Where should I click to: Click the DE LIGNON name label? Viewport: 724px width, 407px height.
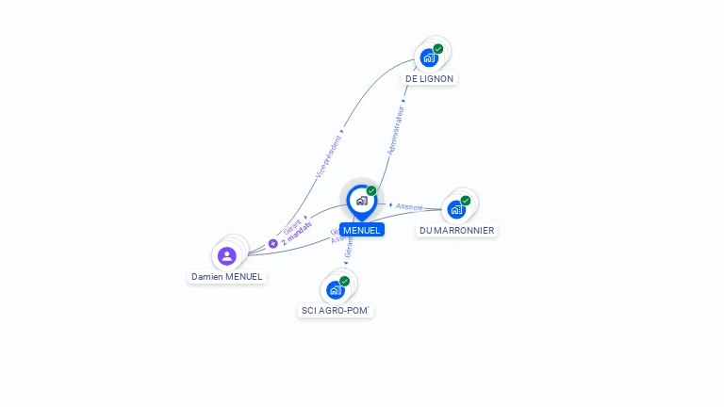click(429, 79)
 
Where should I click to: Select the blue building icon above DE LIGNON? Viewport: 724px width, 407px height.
click(429, 58)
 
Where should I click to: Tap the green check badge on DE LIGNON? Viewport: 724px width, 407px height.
click(438, 49)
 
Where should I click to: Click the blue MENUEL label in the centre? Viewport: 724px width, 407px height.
click(362, 230)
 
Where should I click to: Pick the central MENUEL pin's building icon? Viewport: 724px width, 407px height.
click(361, 200)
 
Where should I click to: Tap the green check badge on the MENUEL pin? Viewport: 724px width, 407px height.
click(371, 191)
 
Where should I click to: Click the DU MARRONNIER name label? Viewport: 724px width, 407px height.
click(457, 230)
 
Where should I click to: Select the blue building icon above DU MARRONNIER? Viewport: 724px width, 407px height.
click(456, 209)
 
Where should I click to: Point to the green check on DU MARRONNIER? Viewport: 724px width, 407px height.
click(466, 201)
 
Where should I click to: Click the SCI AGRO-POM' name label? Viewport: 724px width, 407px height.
click(336, 310)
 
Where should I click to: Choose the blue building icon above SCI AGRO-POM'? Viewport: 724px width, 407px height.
click(335, 290)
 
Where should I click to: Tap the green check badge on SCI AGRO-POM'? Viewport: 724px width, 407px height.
click(344, 281)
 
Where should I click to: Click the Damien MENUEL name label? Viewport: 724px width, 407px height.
click(226, 277)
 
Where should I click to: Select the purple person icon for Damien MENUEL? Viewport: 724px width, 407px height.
click(226, 255)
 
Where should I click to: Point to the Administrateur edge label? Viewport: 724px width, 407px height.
click(396, 128)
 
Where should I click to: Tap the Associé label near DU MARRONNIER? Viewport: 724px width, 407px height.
click(409, 206)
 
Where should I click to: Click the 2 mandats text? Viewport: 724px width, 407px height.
click(296, 234)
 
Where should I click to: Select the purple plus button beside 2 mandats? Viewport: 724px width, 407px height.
click(272, 243)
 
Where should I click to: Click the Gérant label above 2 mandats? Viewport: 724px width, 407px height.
click(292, 225)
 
